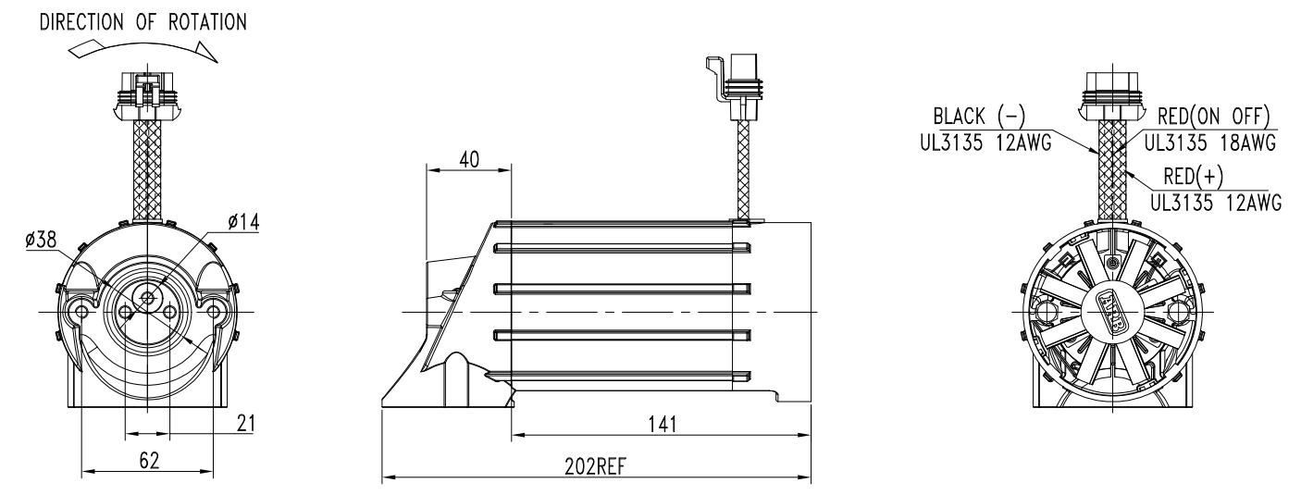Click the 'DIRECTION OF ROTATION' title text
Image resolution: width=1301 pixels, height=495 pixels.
click(x=142, y=22)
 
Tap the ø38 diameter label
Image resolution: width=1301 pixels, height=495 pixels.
click(x=41, y=240)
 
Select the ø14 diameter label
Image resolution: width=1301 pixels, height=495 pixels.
click(x=243, y=221)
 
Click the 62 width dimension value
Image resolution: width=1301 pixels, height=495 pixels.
click(x=149, y=461)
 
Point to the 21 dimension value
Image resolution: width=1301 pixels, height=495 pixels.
click(x=246, y=423)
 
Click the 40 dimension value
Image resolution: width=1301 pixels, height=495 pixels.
click(x=469, y=159)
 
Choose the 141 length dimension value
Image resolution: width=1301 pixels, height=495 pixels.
click(x=663, y=424)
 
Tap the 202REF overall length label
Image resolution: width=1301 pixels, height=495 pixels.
click(x=596, y=466)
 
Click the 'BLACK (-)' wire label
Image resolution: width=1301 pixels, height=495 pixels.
click(x=979, y=117)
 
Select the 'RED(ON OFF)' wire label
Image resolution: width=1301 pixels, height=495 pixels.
click(x=1214, y=117)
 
